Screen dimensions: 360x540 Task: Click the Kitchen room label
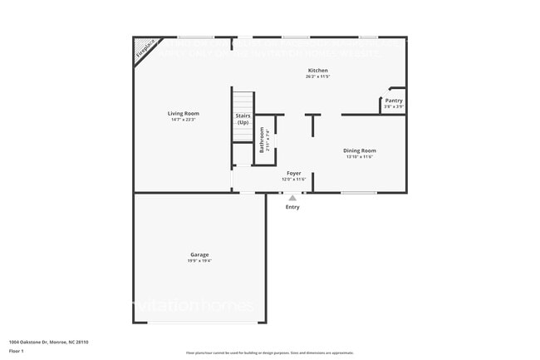click(x=318, y=71)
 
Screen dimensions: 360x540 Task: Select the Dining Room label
click(x=360, y=150)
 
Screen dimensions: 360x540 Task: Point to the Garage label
click(x=199, y=254)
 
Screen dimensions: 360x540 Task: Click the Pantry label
click(x=394, y=101)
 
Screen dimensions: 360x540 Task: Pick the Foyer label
click(x=294, y=173)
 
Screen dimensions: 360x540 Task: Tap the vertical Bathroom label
click(x=263, y=139)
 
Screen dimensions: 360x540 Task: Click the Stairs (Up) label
click(x=243, y=119)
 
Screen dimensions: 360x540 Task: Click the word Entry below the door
click(x=292, y=207)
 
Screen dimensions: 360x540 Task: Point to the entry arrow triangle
click(x=292, y=198)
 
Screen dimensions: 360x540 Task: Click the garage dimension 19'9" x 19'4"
click(x=199, y=261)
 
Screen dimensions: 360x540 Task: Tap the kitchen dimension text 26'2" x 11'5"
click(x=318, y=76)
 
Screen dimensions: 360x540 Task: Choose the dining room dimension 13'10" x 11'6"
click(x=360, y=156)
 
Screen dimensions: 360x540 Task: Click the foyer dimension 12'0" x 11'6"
click(x=294, y=179)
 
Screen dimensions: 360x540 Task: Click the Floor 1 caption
click(x=17, y=350)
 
